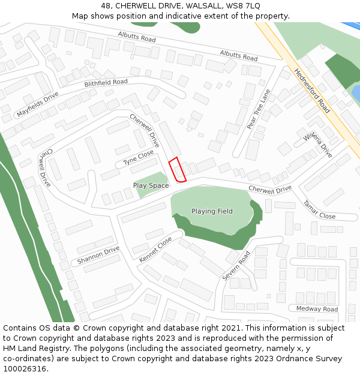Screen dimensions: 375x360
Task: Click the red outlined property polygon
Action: (x=177, y=170)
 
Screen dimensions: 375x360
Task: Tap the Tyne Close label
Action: (x=139, y=158)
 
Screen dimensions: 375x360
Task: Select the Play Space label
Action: (x=151, y=186)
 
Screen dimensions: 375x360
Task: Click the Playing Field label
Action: (x=212, y=211)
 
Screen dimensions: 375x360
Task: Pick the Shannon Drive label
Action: (x=98, y=256)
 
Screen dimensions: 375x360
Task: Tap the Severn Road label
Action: (x=236, y=266)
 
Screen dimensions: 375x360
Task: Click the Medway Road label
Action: (x=317, y=309)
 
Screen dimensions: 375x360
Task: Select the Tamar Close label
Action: (x=319, y=210)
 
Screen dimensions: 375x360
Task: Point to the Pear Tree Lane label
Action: (x=259, y=109)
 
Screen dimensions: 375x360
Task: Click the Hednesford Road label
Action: (x=312, y=91)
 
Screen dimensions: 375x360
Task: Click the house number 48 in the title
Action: (x=106, y=6)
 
